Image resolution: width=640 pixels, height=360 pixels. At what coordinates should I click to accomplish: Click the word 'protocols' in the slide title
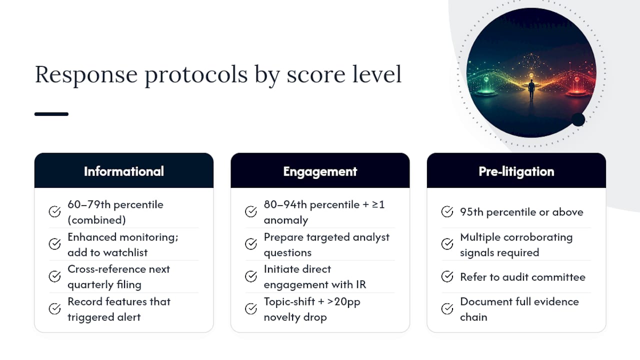tap(196, 75)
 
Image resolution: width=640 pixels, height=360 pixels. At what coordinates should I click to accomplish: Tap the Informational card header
tap(123, 170)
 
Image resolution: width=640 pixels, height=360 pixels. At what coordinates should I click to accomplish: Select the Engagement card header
tap(320, 170)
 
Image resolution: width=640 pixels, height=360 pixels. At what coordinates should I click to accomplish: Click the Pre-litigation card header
tap(516, 170)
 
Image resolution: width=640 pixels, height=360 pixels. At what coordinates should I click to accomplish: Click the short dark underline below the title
tap(51, 114)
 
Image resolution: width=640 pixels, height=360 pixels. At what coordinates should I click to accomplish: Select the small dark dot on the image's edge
tap(578, 119)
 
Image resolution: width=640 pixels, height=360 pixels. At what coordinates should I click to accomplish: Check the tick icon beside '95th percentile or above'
tap(447, 211)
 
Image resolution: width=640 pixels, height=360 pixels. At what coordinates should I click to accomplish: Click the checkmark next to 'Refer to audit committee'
tap(447, 276)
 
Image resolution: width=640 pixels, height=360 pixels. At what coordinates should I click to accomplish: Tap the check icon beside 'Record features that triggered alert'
tap(54, 309)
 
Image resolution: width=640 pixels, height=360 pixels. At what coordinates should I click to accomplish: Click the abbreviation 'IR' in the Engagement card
tap(361, 284)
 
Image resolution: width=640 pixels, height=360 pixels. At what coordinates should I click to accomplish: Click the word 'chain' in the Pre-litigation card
tap(473, 317)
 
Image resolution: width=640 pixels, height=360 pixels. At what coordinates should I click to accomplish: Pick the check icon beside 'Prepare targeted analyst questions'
tap(251, 244)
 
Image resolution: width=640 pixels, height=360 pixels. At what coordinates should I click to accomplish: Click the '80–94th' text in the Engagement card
tap(285, 204)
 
